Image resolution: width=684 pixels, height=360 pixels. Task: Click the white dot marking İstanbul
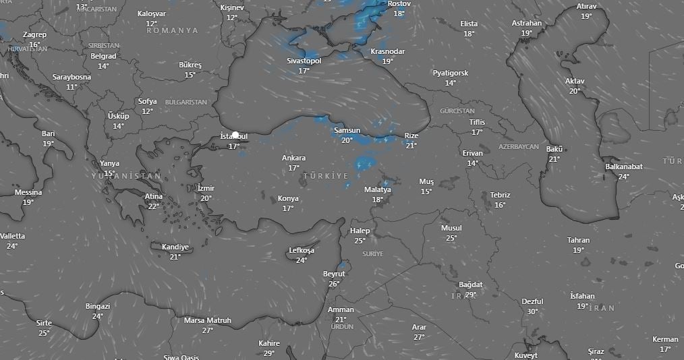click(235, 135)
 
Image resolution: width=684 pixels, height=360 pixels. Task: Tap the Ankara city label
click(293, 158)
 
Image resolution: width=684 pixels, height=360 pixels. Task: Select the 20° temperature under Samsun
click(347, 140)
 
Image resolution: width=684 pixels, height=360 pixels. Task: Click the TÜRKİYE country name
click(326, 176)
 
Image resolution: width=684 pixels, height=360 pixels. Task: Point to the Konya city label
click(288, 199)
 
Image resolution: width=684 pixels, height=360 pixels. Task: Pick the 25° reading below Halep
click(360, 241)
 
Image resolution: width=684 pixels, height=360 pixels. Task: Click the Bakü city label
click(554, 149)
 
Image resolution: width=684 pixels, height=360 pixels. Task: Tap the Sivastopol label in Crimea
click(304, 61)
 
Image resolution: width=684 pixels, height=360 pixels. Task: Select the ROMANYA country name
click(172, 30)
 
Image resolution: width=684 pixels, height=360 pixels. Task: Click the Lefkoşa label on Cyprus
click(302, 251)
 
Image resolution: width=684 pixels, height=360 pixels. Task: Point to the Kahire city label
click(268, 343)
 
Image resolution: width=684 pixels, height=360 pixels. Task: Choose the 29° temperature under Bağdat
click(471, 295)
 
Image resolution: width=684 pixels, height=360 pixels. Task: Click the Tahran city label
click(578, 240)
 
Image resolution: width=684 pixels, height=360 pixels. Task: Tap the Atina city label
click(154, 196)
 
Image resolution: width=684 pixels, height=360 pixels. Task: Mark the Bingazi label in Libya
click(98, 306)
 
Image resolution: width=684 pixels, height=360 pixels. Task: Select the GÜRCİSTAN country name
click(457, 111)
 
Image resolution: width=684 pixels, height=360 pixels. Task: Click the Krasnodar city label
click(388, 51)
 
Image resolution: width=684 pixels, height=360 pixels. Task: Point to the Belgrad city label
click(103, 56)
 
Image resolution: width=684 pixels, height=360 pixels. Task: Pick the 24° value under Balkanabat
click(623, 177)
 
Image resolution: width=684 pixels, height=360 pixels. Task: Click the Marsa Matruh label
click(208, 320)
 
